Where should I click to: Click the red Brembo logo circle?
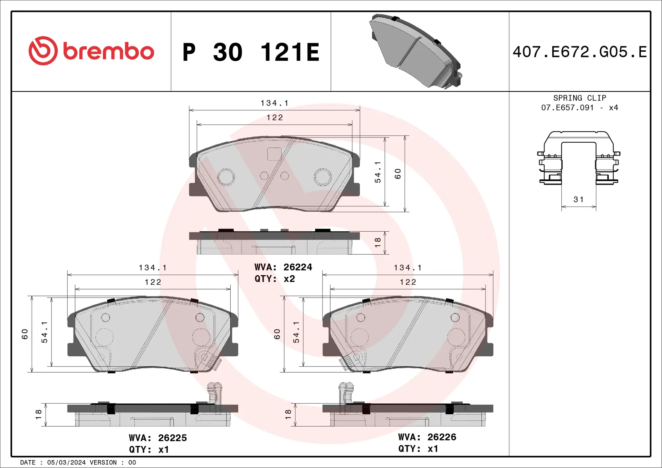pyautogui.click(x=43, y=51)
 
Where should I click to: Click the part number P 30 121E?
pyautogui.click(x=251, y=52)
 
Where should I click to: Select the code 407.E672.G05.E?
pyautogui.click(x=580, y=52)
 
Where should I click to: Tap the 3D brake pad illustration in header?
pyautogui.click(x=415, y=52)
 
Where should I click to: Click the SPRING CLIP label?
pyautogui.click(x=580, y=98)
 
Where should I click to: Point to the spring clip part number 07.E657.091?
pyautogui.click(x=567, y=108)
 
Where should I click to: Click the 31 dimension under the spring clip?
pyautogui.click(x=579, y=200)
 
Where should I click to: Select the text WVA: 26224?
pyautogui.click(x=283, y=267)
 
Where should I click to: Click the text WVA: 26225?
pyautogui.click(x=158, y=438)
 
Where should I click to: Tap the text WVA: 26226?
pyautogui.click(x=427, y=437)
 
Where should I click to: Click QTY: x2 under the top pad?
pyautogui.click(x=274, y=279)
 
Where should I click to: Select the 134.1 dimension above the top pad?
pyautogui.click(x=274, y=103)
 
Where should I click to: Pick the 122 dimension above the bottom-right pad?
pyautogui.click(x=408, y=282)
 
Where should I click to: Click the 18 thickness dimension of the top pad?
pyautogui.click(x=378, y=242)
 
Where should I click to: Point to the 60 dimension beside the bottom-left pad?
pyautogui.click(x=25, y=334)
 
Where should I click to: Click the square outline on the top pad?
pyautogui.click(x=274, y=154)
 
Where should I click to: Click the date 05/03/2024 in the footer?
pyautogui.click(x=66, y=462)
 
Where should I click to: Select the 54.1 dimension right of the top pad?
pyautogui.click(x=378, y=172)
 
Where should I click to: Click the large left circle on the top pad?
pyautogui.click(x=226, y=177)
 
